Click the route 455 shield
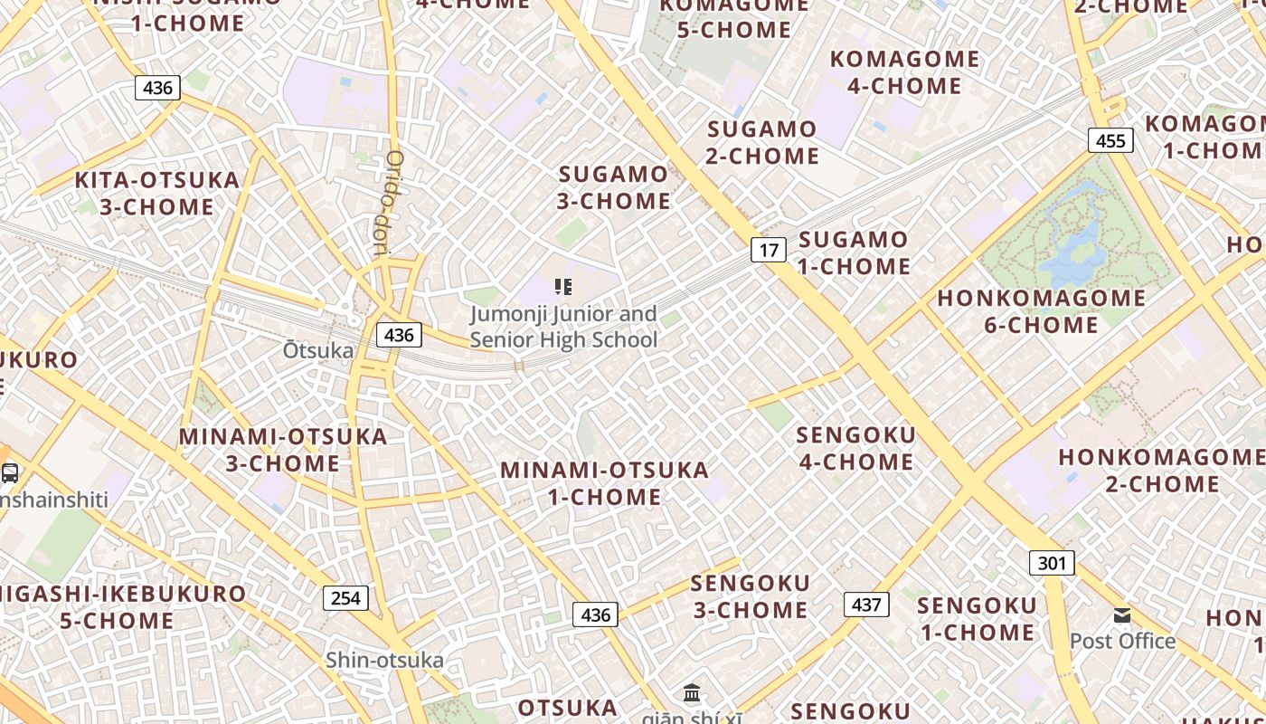(x=1110, y=140)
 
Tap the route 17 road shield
(x=768, y=249)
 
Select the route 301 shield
(x=1052, y=563)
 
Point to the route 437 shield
(x=866, y=604)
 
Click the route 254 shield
(x=345, y=597)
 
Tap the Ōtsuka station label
(x=318, y=349)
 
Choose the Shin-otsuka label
(x=385, y=660)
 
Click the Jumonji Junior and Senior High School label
(x=563, y=327)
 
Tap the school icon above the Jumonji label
(x=563, y=287)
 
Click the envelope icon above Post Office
(x=1122, y=615)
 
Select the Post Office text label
(x=1122, y=641)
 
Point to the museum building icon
(x=692, y=692)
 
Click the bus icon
(x=10, y=472)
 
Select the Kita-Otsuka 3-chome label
(x=157, y=193)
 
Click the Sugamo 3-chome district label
(x=614, y=186)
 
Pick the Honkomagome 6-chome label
(x=1041, y=310)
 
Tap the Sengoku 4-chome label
(x=855, y=448)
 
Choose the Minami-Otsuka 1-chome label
(x=605, y=482)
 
